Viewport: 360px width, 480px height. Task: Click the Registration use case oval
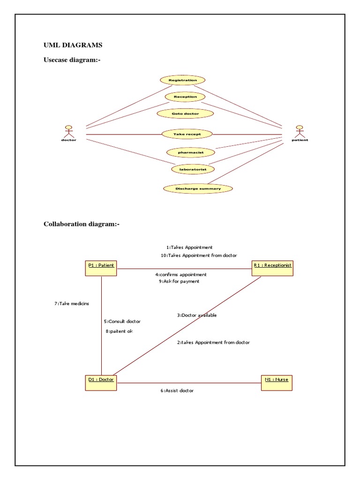click(x=182, y=80)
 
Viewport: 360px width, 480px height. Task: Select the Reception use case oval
click(x=185, y=97)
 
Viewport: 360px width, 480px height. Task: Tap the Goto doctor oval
click(x=186, y=113)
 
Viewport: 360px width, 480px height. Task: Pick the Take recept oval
click(x=187, y=134)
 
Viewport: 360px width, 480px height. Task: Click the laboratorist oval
click(x=193, y=168)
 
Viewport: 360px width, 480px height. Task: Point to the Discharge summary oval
click(x=198, y=188)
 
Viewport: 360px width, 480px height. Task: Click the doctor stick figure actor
click(x=68, y=131)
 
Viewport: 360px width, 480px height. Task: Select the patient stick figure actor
click(x=300, y=131)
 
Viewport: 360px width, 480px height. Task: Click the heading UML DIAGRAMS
click(x=73, y=45)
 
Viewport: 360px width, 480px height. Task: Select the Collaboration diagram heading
click(x=82, y=224)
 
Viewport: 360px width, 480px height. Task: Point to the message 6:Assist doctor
click(x=177, y=390)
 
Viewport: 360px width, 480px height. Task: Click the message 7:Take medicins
click(x=72, y=303)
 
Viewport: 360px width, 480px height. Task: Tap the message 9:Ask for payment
click(x=179, y=281)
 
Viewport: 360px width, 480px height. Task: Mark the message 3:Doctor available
click(x=197, y=315)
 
